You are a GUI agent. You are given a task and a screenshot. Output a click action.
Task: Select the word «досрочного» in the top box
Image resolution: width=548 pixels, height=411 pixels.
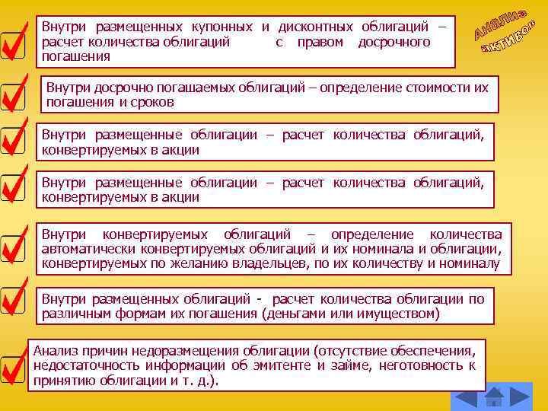pyautogui.click(x=393, y=42)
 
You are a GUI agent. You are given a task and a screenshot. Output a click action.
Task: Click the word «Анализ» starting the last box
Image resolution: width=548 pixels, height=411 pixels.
pyautogui.click(x=53, y=351)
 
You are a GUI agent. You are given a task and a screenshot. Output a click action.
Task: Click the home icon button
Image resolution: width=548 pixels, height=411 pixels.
pyautogui.click(x=495, y=397)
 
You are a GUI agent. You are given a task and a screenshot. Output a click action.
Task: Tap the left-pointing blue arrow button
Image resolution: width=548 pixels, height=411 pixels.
pyautogui.click(x=466, y=397)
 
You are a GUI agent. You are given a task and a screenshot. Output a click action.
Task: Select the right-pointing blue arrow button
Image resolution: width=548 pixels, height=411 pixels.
pyautogui.click(x=520, y=397)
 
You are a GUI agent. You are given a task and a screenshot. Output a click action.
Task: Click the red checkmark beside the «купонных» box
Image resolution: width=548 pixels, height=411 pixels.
pyautogui.click(x=15, y=43)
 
